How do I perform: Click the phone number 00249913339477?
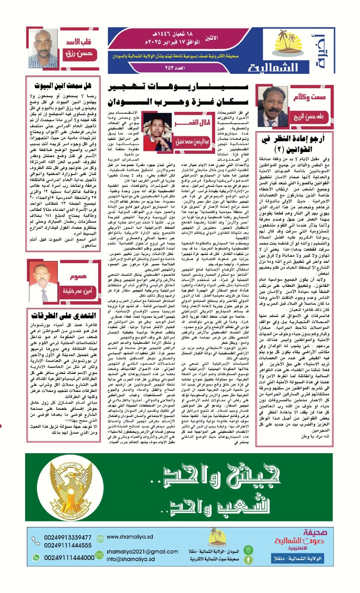click(68, 537)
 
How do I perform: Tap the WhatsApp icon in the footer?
click(36, 557)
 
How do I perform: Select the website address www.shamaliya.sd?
click(130, 537)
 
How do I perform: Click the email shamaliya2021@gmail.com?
click(142, 551)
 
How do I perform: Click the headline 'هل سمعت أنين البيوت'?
click(63, 86)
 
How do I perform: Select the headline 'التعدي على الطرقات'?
click(63, 315)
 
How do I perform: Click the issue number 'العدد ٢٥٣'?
click(174, 68)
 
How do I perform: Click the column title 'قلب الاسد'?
click(79, 42)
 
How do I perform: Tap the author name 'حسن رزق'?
click(79, 54)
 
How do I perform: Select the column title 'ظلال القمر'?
click(192, 122)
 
